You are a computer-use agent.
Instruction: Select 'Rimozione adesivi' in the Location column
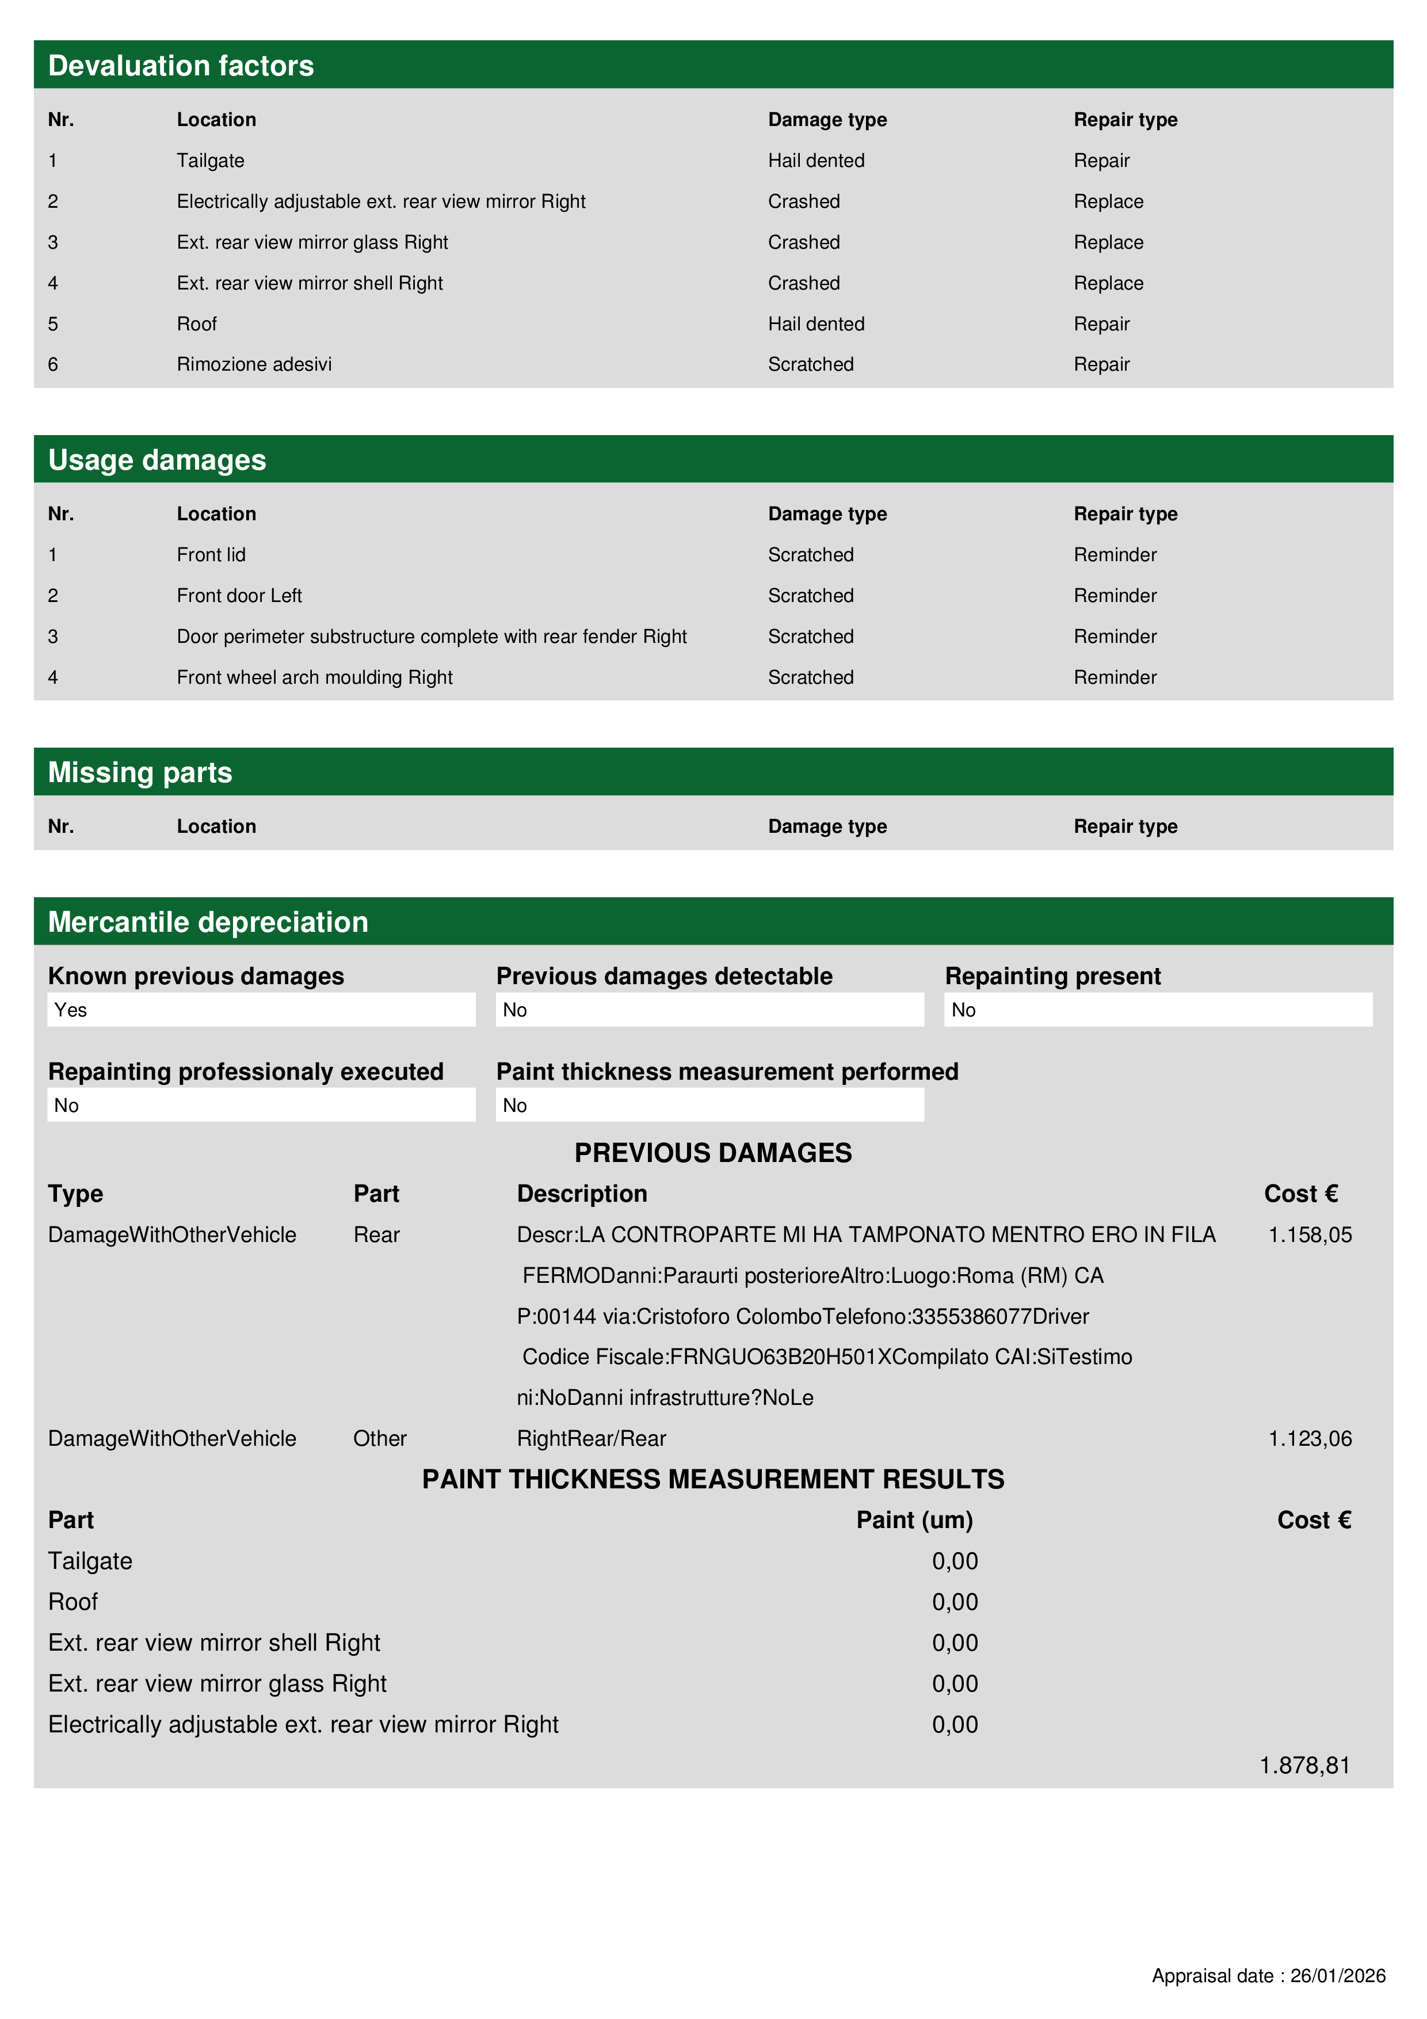(254, 364)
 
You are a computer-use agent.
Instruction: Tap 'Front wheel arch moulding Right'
(314, 677)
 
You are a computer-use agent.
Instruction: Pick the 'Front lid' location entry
(211, 555)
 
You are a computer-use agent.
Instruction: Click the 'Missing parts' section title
(140, 772)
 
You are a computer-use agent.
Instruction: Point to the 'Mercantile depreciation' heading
(208, 921)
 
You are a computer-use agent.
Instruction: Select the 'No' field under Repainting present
(964, 1009)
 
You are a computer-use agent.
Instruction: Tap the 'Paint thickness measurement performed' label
(727, 1071)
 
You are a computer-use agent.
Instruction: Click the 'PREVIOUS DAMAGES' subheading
(713, 1153)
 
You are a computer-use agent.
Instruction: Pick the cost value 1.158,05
(1309, 1235)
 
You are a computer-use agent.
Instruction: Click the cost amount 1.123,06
(1309, 1439)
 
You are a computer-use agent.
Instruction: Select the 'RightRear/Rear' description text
(591, 1439)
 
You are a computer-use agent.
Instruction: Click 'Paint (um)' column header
(914, 1519)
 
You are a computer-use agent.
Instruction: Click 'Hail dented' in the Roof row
(816, 323)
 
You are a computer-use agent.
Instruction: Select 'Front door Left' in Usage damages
(239, 595)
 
